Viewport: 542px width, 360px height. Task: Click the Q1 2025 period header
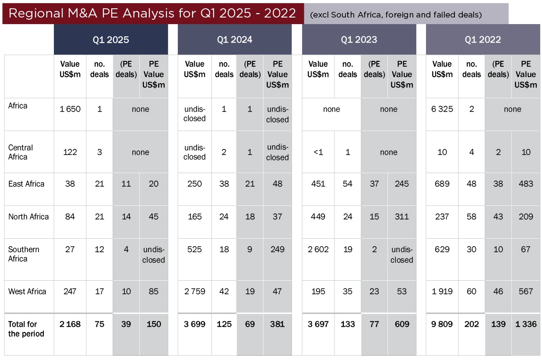[111, 40]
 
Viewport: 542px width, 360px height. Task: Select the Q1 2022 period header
[482, 40]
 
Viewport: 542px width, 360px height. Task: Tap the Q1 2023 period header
[359, 40]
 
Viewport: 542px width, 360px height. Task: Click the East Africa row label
[26, 184]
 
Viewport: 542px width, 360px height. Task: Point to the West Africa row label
[27, 292]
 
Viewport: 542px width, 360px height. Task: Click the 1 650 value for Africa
[70, 109]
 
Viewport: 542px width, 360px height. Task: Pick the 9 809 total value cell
[442, 325]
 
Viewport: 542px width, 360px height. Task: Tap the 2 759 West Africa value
[194, 292]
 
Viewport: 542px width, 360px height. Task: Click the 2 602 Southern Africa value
[318, 250]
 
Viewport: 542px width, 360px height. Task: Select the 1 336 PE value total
[525, 325]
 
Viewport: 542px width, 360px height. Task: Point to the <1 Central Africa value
[318, 152]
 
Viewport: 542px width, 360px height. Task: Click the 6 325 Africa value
[442, 109]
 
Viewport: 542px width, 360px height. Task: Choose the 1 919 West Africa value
[442, 292]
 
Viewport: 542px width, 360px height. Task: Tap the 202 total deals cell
[472, 325]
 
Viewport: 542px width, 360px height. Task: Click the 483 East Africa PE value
[525, 184]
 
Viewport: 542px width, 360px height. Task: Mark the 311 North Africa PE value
[401, 217]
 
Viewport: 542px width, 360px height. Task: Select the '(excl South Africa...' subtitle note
[396, 15]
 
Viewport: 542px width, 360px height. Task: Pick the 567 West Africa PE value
[525, 292]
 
